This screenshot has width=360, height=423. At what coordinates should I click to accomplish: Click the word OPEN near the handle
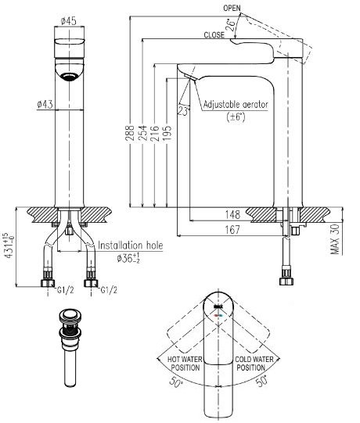(232, 7)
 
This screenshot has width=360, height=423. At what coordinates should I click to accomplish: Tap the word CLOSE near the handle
(214, 35)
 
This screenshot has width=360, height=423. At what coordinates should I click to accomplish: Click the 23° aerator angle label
(182, 111)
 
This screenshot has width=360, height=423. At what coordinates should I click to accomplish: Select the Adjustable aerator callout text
(234, 104)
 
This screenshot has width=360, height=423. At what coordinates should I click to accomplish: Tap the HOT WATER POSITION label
(185, 363)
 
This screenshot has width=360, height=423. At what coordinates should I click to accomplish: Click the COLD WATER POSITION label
(255, 363)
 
